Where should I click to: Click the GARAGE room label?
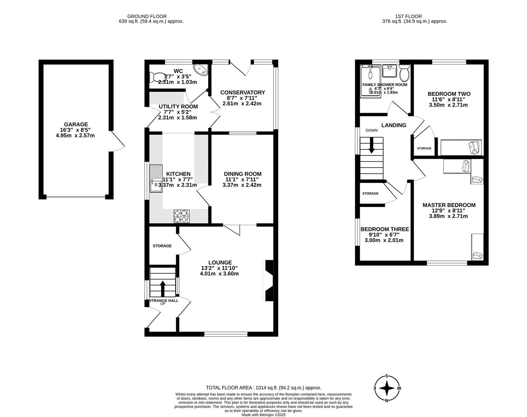[x=76, y=124]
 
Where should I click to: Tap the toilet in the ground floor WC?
[x=156, y=77]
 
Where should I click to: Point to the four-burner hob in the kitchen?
[x=182, y=216]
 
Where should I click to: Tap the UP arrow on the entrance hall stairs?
[x=162, y=288]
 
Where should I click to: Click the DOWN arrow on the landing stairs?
[x=371, y=147]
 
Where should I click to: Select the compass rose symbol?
[x=387, y=388]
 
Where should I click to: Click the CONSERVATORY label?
[x=243, y=92]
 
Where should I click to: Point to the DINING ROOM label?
[x=243, y=174]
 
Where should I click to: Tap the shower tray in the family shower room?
[x=370, y=81]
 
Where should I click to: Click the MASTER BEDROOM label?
[x=449, y=205]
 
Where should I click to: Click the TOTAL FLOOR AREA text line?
[x=263, y=388]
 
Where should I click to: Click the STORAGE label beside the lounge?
[x=162, y=246]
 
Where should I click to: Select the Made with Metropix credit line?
[x=263, y=415]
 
